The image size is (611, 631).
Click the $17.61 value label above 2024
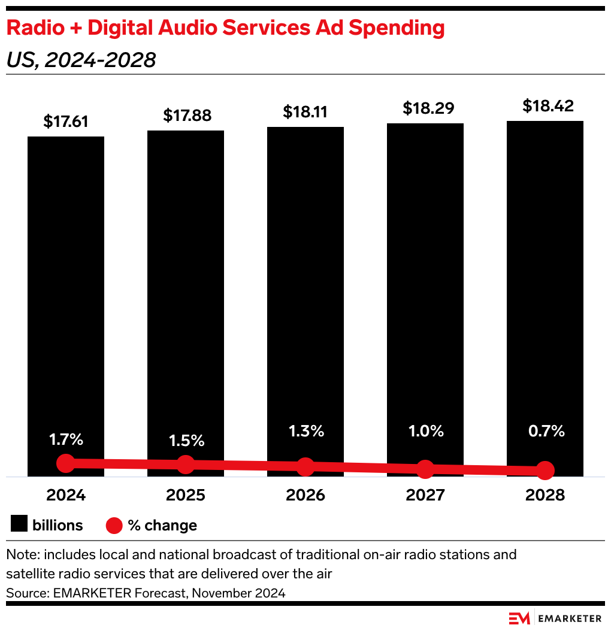[x=66, y=122]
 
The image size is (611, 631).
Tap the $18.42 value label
[x=545, y=106]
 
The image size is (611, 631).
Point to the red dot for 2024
[x=66, y=463]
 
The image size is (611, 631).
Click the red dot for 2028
[x=545, y=471]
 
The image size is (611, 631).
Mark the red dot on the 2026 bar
[x=305, y=467]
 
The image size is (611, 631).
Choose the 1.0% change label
[x=425, y=430]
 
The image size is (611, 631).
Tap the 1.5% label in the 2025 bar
[x=186, y=441]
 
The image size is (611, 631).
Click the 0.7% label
[x=545, y=430]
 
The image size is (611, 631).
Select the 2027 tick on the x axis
[x=425, y=495]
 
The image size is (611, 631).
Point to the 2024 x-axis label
[x=66, y=495]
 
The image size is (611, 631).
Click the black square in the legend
[x=19, y=525]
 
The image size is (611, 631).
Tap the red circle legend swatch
[x=114, y=525]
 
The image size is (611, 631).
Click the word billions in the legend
[x=58, y=525]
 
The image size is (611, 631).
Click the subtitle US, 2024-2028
[x=81, y=60]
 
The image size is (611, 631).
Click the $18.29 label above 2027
[x=425, y=108]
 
